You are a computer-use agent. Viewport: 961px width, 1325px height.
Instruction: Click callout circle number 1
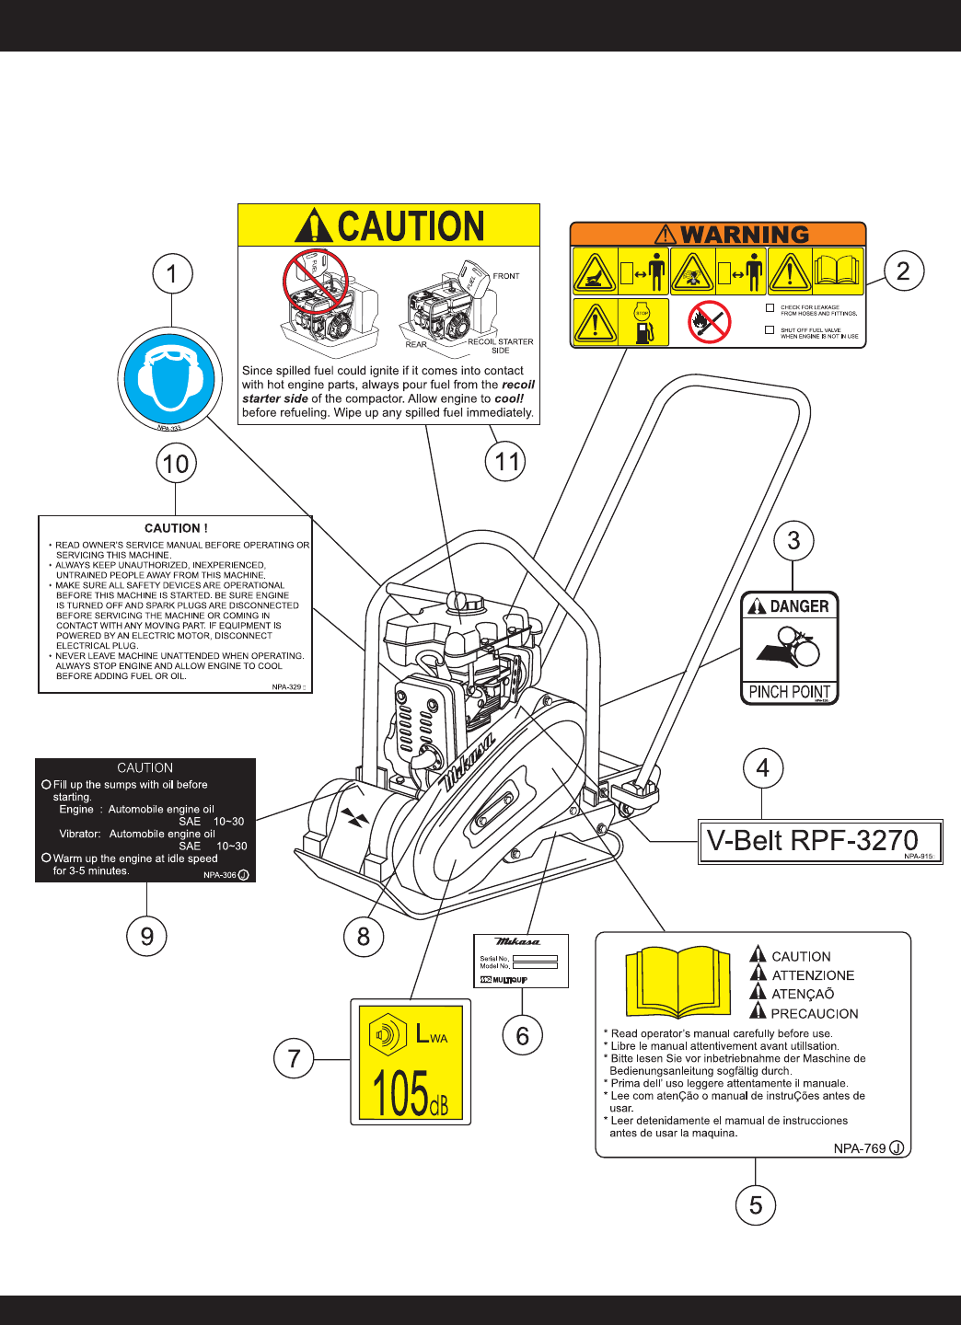pos(172,274)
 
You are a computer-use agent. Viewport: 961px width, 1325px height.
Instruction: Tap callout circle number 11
pos(505,461)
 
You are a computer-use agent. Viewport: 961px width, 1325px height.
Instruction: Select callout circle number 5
pos(756,1205)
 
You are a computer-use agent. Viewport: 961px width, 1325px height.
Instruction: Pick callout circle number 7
pos(294,1058)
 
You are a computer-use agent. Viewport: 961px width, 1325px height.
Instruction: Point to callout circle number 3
pos(793,541)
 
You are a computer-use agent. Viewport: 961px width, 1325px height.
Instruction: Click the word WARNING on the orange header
pos(744,235)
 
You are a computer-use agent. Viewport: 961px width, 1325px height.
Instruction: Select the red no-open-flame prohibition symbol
pos(709,322)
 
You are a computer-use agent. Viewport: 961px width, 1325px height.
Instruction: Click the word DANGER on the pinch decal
pos(799,606)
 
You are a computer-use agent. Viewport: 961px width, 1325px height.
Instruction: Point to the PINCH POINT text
pos(789,692)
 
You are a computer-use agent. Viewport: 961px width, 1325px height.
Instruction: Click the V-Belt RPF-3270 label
pos(812,840)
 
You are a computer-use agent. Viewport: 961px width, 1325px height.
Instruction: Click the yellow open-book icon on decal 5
pos(677,981)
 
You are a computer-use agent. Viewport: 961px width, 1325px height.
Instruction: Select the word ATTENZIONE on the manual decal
pos(813,975)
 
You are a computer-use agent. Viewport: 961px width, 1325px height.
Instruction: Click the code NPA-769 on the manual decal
pos(860,1148)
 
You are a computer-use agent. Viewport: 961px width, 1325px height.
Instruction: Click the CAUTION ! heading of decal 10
pos(176,528)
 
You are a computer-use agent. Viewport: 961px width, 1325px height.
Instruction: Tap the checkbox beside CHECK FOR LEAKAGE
pos(770,308)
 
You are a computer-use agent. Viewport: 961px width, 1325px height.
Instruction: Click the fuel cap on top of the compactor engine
pos(465,602)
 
